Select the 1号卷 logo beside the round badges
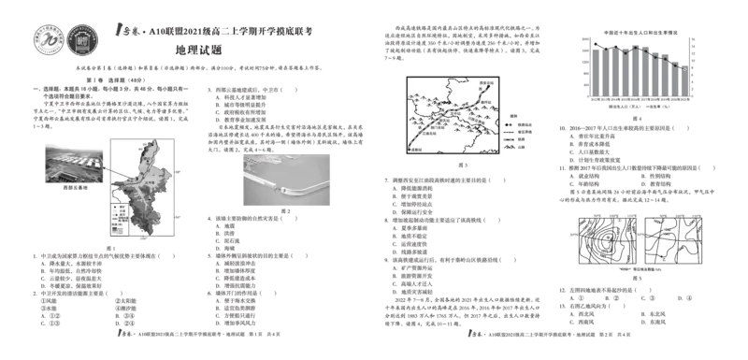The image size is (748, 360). coord(123,31)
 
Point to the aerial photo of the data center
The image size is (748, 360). coord(73,164)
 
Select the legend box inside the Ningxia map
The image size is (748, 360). coord(120,214)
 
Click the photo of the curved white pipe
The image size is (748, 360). coord(286,180)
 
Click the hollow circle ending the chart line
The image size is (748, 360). coord(688,68)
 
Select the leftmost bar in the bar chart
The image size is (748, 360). coord(591,70)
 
